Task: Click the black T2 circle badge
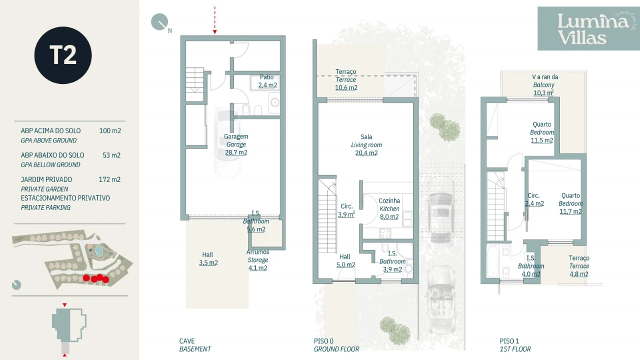coord(63,55)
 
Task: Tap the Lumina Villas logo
coord(588,28)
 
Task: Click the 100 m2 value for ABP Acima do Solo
coord(110,130)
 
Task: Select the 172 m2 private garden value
coord(109,179)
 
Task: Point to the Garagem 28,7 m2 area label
coord(236,144)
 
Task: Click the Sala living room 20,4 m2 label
coord(366,145)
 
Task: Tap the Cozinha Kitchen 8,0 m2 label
coord(389,209)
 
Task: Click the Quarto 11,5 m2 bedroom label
coord(542,132)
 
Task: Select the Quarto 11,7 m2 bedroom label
coord(570,203)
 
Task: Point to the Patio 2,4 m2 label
coord(267,81)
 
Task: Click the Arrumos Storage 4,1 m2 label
coord(257,260)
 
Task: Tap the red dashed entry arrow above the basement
coord(215,20)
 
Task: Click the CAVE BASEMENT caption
coord(195,345)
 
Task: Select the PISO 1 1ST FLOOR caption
coord(515,345)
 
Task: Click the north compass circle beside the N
coord(159,21)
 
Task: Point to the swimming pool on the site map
coord(98,251)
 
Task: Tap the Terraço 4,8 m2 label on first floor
coord(579,266)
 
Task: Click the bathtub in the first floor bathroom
coord(493,261)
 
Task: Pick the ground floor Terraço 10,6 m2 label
coord(346,79)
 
